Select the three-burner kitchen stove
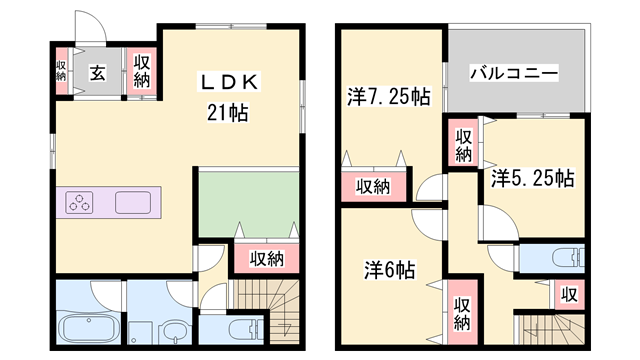point(81,203)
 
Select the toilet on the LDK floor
point(243,331)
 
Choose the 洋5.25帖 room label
point(532,179)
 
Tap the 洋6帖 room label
point(389,270)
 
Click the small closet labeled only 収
point(569,295)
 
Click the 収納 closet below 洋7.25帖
point(374,186)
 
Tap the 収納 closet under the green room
point(266,258)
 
